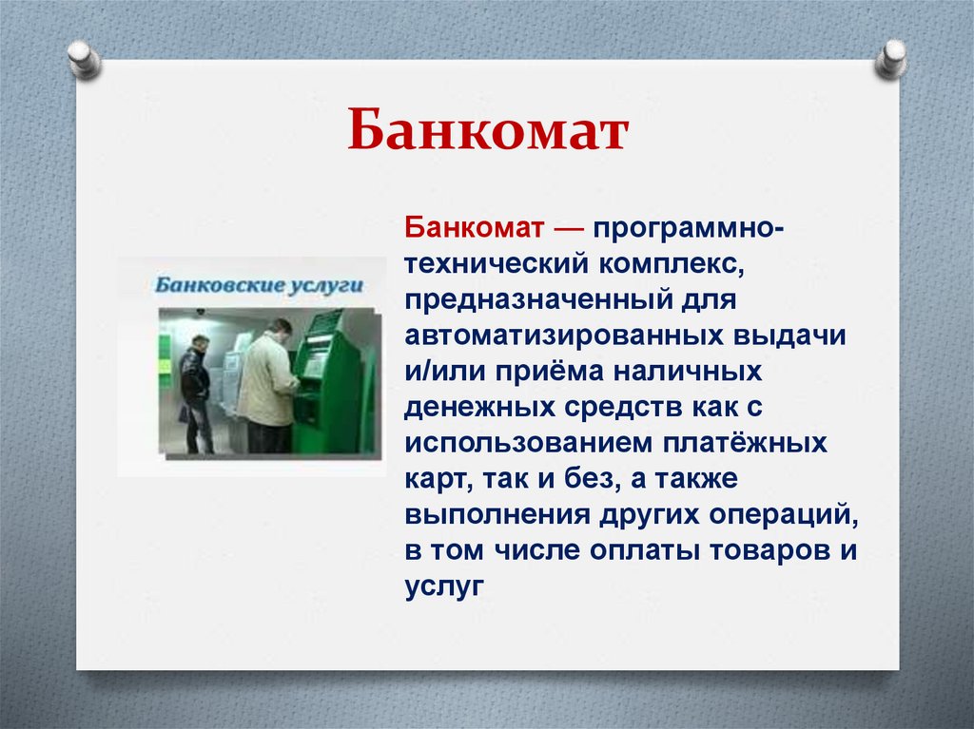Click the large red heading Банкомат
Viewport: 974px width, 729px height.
tap(487, 132)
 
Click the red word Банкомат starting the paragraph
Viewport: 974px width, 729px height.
tap(474, 227)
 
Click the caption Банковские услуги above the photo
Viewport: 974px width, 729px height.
tap(245, 284)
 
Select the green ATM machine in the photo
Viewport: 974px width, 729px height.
tap(325, 380)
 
